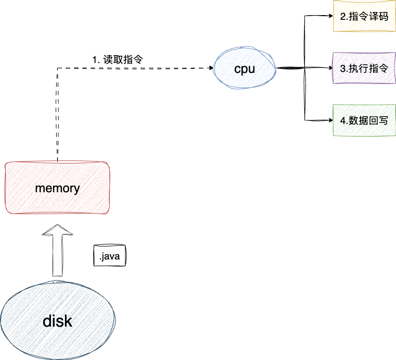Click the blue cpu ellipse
click(x=245, y=68)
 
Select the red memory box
click(x=57, y=188)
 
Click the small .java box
click(x=110, y=256)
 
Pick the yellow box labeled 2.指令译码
click(x=364, y=16)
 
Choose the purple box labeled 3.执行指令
click(x=364, y=68)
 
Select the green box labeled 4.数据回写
click(x=364, y=120)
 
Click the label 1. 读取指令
click(x=118, y=60)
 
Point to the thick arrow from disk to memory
click(x=54, y=250)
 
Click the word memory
click(x=57, y=189)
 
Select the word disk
click(x=57, y=321)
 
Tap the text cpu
click(x=245, y=69)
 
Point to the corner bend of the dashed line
click(x=57, y=68)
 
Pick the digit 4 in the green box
click(x=342, y=121)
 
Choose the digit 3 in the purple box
click(x=342, y=69)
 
